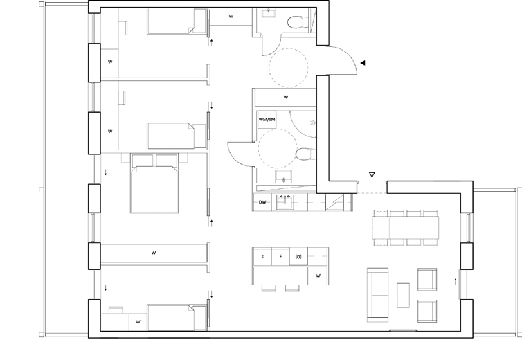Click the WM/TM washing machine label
[267, 120]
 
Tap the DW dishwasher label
[262, 202]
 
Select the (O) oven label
[298, 257]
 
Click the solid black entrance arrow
[363, 62]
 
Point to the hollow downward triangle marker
[372, 174]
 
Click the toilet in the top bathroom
[296, 23]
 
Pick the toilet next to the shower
[304, 154]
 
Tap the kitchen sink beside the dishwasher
[285, 202]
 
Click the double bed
[154, 183]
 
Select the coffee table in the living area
[403, 295]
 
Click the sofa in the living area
[378, 295]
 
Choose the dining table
[406, 228]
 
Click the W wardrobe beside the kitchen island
[318, 276]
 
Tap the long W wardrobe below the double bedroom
[154, 253]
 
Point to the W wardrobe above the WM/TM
[286, 97]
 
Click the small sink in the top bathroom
[269, 12]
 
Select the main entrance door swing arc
[349, 55]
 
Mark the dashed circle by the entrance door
[288, 68]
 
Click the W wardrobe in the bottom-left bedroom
[138, 322]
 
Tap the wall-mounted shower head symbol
[313, 123]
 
